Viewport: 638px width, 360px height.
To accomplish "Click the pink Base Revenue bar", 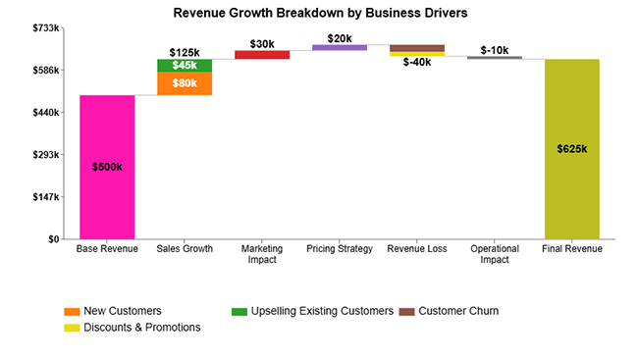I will [x=107, y=167].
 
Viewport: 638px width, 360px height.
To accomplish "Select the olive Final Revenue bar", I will [x=572, y=148].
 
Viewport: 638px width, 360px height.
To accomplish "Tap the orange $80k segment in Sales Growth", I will [x=185, y=83].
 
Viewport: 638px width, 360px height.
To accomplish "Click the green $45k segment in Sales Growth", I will [x=185, y=65].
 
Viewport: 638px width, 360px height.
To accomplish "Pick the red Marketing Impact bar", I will [x=262, y=55].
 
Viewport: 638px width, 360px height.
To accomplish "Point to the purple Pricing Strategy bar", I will [x=340, y=47].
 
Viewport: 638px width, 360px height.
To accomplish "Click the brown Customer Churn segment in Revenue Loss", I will [x=417, y=48].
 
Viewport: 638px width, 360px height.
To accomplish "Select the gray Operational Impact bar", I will [x=495, y=58].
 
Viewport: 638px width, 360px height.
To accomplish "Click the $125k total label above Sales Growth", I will [x=185, y=52].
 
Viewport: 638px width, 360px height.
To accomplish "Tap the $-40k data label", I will [x=417, y=63].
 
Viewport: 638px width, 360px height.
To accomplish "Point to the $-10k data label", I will [x=495, y=49].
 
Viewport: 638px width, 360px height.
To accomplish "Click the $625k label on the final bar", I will [x=572, y=149].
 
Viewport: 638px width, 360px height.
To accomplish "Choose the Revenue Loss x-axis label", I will [x=417, y=249].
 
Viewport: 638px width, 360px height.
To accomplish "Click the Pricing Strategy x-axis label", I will [x=340, y=249].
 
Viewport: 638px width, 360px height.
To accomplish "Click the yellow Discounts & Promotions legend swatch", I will [x=72, y=328].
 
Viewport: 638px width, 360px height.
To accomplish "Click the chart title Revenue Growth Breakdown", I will [x=320, y=13].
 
